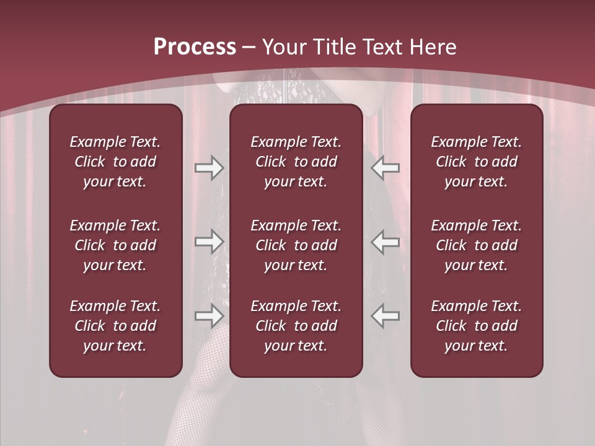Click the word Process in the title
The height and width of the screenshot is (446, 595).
pos(195,47)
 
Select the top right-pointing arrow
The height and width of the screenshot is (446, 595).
pos(209,167)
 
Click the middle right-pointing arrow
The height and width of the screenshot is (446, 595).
pos(209,242)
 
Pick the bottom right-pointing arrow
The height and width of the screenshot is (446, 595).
pos(209,316)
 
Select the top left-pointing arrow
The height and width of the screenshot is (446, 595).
pos(386,167)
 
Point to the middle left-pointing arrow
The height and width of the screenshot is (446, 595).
pos(386,242)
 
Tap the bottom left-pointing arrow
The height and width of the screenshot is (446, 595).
pos(386,316)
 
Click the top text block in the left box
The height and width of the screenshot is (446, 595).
pos(115,162)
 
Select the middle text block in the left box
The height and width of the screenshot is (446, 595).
pos(115,245)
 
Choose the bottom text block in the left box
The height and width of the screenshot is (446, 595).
pos(115,326)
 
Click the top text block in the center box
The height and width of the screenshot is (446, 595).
pos(296,162)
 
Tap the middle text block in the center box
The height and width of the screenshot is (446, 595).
pos(296,245)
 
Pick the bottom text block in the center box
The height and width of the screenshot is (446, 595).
pos(296,326)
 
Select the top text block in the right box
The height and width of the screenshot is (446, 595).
pos(477,162)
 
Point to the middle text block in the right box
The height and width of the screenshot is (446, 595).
pos(477,245)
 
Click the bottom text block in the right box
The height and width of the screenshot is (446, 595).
pos(477,326)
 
